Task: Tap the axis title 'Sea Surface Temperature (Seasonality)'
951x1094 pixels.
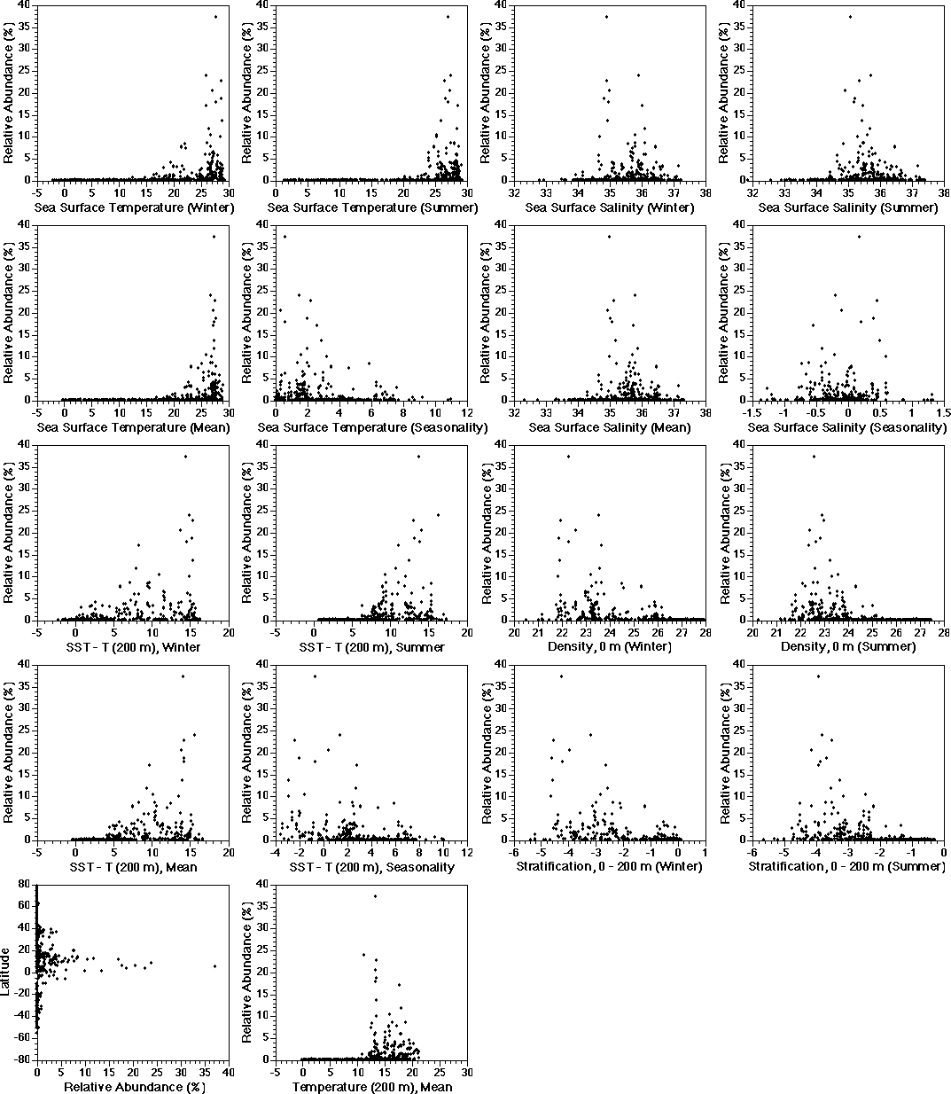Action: [372, 427]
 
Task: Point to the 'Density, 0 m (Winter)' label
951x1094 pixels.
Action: [610, 646]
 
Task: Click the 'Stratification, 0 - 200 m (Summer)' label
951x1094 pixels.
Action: [847, 866]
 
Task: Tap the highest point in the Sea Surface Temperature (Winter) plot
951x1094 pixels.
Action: [214, 17]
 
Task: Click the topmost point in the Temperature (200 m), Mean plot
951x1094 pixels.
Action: [375, 896]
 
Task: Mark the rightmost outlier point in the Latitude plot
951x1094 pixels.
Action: [214, 966]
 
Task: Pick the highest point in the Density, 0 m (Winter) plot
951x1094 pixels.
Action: [568, 457]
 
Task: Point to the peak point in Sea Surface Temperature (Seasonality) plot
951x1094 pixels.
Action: [285, 237]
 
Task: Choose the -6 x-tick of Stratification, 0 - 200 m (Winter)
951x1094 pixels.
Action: [514, 852]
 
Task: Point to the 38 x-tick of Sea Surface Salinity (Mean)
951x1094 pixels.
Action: [705, 412]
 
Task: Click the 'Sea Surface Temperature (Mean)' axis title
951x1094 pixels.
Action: [133, 427]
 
